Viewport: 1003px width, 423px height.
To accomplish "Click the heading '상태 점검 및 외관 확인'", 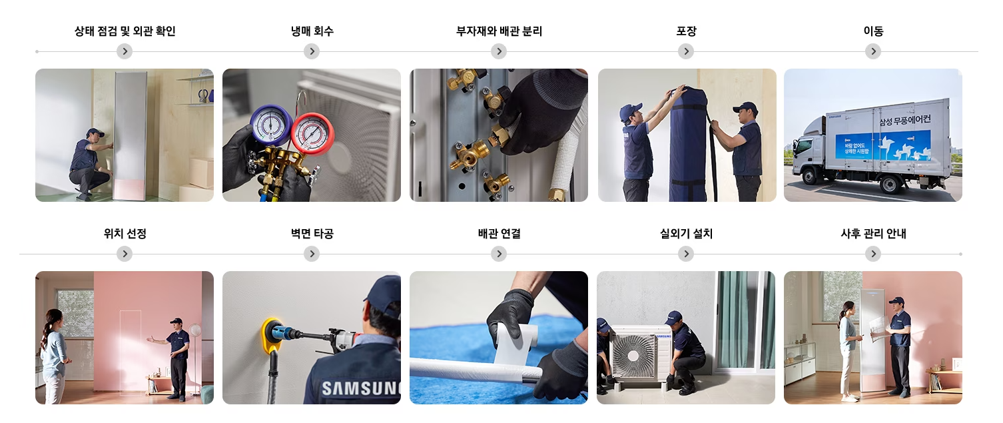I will (125, 31).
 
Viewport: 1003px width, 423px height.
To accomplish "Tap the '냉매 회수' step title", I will (312, 31).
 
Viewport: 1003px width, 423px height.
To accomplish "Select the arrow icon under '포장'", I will (686, 52).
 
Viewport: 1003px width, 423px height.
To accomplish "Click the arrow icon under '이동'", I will (873, 52).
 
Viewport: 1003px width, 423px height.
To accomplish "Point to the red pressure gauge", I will (311, 133).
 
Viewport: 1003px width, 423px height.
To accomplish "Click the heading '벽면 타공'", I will (312, 234).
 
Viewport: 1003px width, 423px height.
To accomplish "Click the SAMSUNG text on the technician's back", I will (360, 388).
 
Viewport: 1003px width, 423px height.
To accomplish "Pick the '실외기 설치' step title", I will (686, 234).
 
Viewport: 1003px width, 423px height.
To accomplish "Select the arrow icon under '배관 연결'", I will (499, 254).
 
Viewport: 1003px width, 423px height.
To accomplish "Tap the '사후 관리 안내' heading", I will (873, 234).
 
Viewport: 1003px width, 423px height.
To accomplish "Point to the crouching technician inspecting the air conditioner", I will (89, 165).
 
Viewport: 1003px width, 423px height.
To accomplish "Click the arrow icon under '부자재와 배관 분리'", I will (499, 52).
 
